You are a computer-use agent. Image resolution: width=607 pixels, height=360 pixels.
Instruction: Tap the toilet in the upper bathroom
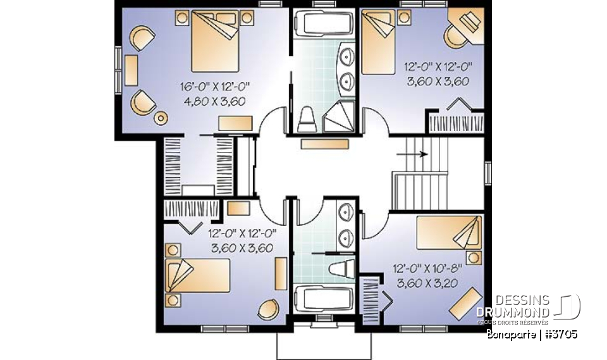tap(307, 118)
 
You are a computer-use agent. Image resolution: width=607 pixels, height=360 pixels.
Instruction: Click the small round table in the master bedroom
tap(162, 118)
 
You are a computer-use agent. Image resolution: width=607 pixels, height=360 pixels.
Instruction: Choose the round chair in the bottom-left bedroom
tap(268, 309)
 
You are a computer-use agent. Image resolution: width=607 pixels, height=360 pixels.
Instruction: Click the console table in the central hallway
tap(324, 144)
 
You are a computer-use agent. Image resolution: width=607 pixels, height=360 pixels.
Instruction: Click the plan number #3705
tap(560, 333)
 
